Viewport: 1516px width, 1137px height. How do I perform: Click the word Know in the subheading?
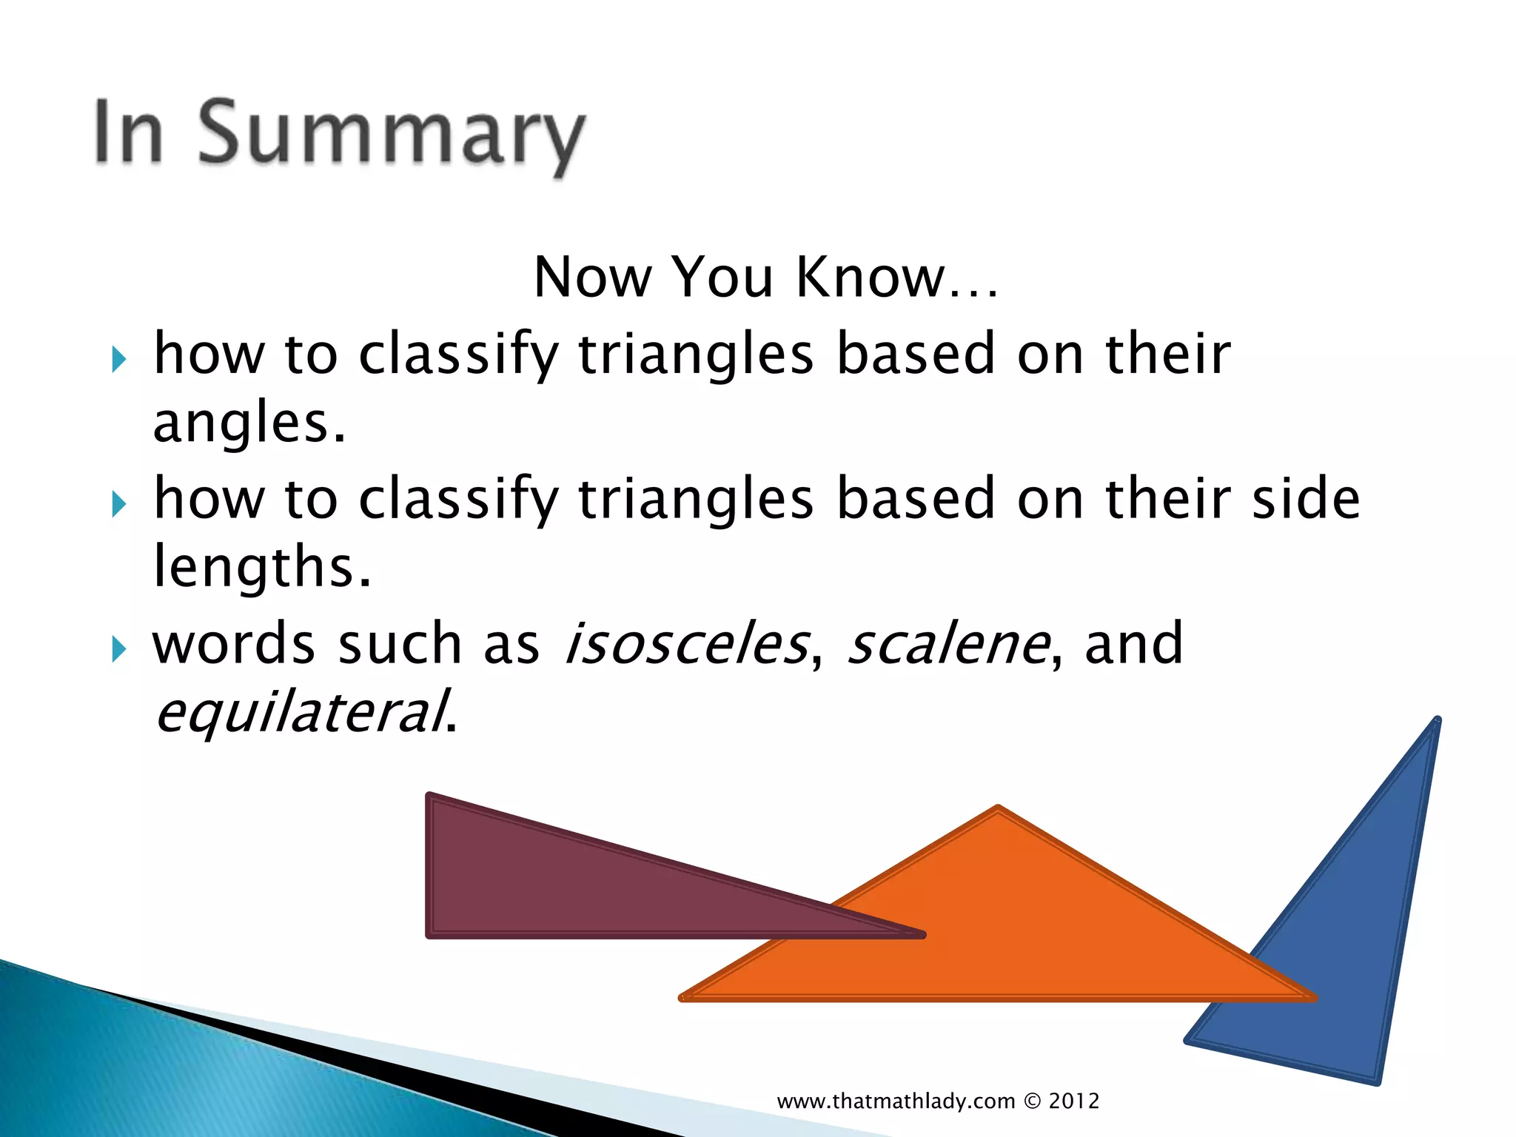click(x=871, y=277)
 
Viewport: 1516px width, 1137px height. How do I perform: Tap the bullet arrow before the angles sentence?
click(x=118, y=360)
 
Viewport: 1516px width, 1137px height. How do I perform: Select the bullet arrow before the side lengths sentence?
click(x=118, y=505)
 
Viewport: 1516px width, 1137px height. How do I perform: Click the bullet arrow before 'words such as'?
click(x=118, y=650)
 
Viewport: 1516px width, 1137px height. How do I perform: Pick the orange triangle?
click(x=999, y=933)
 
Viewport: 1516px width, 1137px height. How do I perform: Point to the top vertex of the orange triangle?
click(x=998, y=809)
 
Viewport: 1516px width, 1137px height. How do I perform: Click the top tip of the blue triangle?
click(x=1436, y=720)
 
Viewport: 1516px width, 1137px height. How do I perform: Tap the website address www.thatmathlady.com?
click(x=896, y=1101)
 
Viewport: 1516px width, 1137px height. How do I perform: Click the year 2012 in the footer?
click(x=1073, y=1101)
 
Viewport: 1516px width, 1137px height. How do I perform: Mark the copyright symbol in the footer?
click(x=1032, y=1101)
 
